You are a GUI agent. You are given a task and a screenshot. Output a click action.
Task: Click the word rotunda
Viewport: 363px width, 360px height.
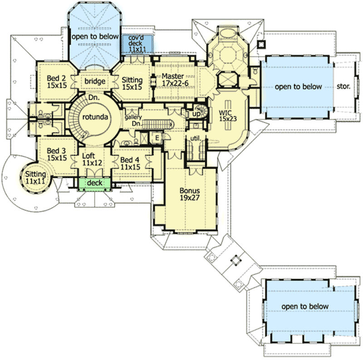click(x=94, y=117)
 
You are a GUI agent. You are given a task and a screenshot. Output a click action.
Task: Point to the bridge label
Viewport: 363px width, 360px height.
click(x=95, y=81)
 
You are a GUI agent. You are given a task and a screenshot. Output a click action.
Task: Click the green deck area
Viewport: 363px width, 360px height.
click(x=94, y=183)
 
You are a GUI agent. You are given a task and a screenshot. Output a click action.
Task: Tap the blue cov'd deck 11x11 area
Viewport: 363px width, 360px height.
click(x=137, y=43)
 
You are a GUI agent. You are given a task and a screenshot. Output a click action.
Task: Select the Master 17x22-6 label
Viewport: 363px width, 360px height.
click(x=172, y=80)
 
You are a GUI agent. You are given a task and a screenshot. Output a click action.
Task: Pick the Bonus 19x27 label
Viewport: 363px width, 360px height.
click(x=189, y=194)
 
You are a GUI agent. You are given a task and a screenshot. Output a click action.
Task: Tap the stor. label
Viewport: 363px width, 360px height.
click(x=343, y=86)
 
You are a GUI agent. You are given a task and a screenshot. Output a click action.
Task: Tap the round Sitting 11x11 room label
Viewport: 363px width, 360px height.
click(x=34, y=178)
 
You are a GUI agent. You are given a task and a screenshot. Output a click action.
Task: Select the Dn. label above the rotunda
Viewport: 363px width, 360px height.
click(x=94, y=97)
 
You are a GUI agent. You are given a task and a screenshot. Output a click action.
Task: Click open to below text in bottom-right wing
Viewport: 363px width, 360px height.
click(x=305, y=306)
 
